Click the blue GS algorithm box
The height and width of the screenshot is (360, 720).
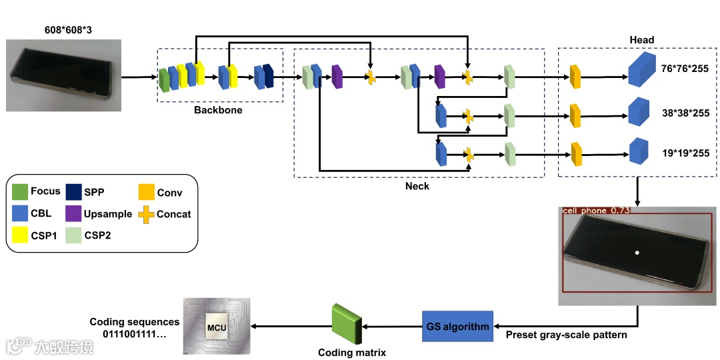click(x=457, y=326)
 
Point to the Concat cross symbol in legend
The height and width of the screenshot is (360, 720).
click(x=145, y=214)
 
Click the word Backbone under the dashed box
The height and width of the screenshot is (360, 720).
click(x=218, y=109)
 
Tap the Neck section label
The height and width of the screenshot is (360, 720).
click(x=417, y=186)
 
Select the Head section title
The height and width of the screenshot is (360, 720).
click(x=642, y=40)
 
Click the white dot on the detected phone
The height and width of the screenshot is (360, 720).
click(x=637, y=253)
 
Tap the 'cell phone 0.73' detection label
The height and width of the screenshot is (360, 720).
click(x=595, y=211)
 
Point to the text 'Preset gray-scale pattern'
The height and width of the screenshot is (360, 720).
click(x=566, y=335)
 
